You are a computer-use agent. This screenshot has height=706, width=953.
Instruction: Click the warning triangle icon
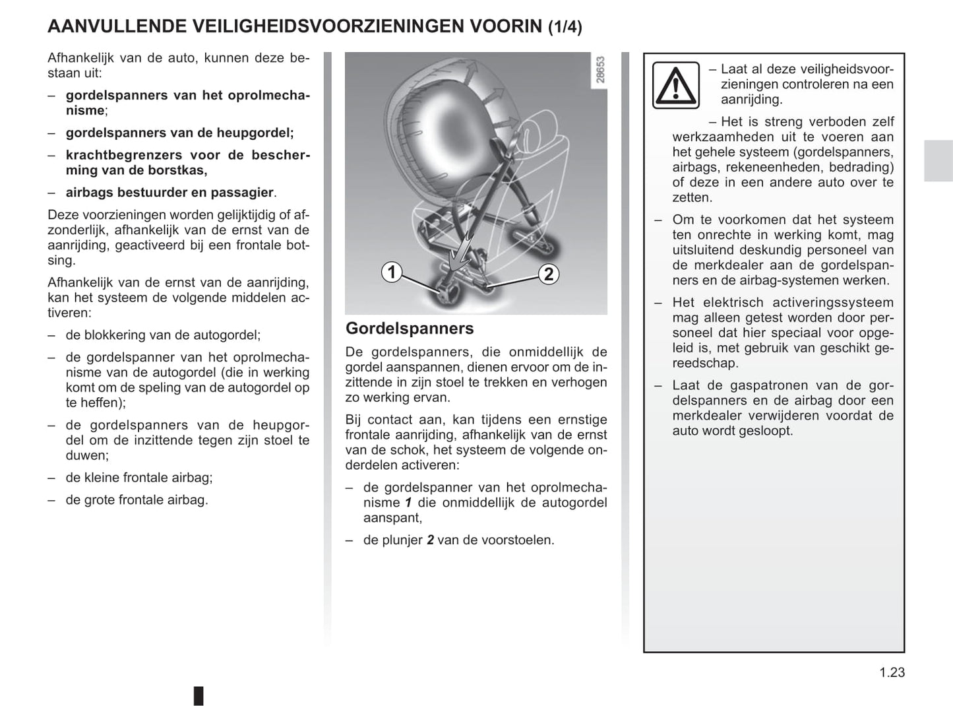(x=675, y=85)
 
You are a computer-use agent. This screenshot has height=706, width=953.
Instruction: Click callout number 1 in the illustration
(x=392, y=272)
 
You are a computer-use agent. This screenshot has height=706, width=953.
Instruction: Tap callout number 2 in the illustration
(x=549, y=274)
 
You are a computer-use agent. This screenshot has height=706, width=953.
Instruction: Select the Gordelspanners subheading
(x=410, y=328)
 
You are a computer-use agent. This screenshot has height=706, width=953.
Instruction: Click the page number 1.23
(x=892, y=672)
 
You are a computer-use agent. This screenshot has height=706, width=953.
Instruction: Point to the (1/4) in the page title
(x=565, y=27)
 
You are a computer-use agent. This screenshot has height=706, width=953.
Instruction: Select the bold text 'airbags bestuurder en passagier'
(x=169, y=192)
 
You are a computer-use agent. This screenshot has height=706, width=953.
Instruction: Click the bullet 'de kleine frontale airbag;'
(x=139, y=477)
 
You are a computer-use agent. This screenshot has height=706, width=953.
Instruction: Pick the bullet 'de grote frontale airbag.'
(x=137, y=499)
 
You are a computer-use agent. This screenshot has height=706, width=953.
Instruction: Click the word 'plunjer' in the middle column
(x=402, y=540)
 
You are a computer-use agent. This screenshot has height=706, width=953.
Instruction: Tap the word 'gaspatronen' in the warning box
(x=768, y=385)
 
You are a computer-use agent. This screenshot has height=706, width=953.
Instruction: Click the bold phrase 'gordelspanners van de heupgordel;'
(x=179, y=133)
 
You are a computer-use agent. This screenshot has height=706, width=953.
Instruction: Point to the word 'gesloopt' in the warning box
(x=769, y=431)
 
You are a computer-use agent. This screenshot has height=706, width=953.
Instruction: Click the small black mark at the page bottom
(x=199, y=695)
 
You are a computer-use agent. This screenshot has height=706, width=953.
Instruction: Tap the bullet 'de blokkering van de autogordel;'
(x=163, y=335)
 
